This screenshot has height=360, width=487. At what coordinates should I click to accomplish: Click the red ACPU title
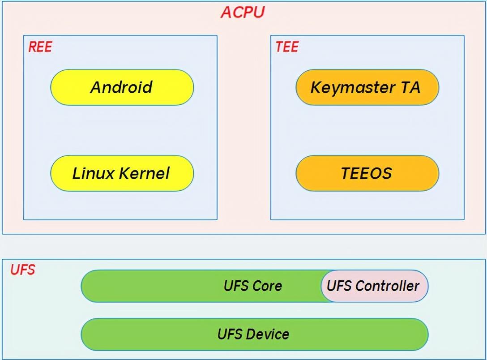tap(243, 13)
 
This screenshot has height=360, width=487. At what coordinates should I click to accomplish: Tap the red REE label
tap(40, 47)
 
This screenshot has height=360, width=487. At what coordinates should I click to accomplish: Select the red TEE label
tap(287, 47)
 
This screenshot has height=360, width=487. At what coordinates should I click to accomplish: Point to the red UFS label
tap(23, 270)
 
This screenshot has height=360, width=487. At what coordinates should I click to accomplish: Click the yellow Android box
tap(122, 87)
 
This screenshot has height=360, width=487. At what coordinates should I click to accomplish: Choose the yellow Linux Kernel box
tap(122, 173)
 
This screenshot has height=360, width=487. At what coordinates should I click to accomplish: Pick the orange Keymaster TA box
tap(367, 87)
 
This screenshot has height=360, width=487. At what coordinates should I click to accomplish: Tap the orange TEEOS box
tap(367, 173)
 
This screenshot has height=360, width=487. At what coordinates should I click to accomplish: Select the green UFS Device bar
tap(255, 334)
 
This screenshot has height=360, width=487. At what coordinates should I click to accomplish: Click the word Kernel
tap(145, 173)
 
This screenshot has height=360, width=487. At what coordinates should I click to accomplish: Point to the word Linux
tap(93, 173)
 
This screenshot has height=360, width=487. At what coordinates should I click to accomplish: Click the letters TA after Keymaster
tap(410, 87)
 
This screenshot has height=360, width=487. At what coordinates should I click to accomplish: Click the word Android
tap(121, 87)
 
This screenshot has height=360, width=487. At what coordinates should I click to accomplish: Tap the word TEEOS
tap(367, 173)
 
